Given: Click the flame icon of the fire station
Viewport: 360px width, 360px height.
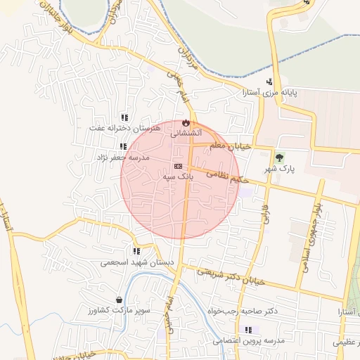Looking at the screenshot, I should [186, 122].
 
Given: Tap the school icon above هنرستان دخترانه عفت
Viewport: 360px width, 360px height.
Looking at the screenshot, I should [124, 118].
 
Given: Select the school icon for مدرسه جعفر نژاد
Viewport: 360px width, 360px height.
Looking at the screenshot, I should [123, 147].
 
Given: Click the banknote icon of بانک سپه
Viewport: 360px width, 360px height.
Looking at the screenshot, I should [178, 167].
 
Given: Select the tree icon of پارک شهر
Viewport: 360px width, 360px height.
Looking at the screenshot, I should [281, 158].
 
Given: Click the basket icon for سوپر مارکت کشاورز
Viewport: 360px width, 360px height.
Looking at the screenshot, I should [119, 300].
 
